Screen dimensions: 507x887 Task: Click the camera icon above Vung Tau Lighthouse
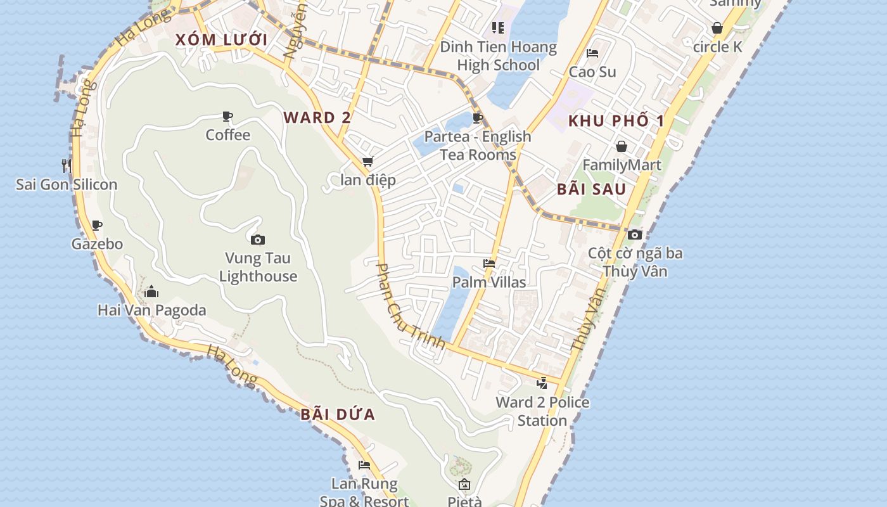click(258, 240)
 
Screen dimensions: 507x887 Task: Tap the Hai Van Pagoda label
click(152, 310)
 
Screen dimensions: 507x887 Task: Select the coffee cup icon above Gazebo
click(97, 225)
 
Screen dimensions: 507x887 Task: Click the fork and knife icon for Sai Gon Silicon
click(67, 166)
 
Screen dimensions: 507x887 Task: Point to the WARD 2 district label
click(317, 117)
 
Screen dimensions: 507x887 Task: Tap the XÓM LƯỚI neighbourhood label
click(221, 40)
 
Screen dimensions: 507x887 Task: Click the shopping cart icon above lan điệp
click(367, 162)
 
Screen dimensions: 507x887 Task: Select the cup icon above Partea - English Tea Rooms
click(478, 118)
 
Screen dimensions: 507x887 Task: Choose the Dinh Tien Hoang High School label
click(499, 56)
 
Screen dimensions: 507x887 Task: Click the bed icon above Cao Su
click(592, 53)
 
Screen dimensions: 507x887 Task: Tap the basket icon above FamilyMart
click(622, 147)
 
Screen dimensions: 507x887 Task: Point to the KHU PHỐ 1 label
click(616, 120)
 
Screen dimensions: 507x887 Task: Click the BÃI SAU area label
click(591, 189)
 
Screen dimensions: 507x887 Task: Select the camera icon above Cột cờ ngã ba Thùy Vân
click(635, 234)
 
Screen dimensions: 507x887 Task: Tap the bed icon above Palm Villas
click(489, 264)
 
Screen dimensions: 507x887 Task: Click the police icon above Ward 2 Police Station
click(542, 383)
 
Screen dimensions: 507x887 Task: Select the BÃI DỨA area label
click(338, 414)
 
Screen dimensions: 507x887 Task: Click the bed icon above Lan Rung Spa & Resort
click(364, 465)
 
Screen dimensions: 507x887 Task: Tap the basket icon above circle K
click(717, 29)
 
